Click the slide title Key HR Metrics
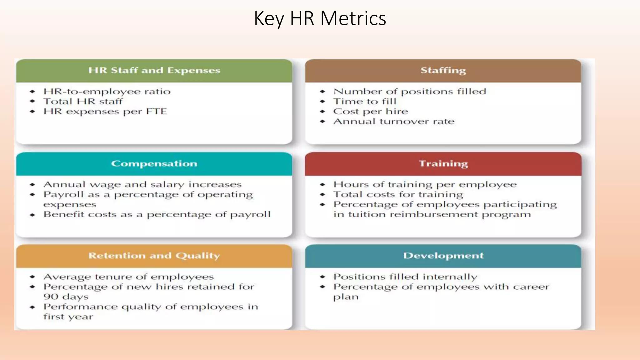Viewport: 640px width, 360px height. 320,18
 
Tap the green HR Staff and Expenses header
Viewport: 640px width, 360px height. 154,70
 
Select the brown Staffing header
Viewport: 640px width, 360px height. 443,70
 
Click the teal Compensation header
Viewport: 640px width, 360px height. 154,163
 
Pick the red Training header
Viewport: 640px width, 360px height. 443,163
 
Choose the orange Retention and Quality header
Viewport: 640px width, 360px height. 154,256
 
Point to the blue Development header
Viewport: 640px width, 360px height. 443,256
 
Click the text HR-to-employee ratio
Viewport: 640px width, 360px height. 107,92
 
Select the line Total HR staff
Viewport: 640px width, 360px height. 83,102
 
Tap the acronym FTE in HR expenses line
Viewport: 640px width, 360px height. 156,112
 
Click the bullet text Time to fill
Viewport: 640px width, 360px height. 365,102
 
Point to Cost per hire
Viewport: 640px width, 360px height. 371,112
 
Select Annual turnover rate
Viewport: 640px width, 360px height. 394,122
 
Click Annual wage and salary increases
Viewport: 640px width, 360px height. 142,185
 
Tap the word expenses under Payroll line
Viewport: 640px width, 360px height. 70,205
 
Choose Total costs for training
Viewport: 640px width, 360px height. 398,195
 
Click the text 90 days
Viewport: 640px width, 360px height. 66,297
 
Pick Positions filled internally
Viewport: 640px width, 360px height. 405,277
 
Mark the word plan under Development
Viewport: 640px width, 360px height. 346,297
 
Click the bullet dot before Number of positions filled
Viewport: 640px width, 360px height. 322,92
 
